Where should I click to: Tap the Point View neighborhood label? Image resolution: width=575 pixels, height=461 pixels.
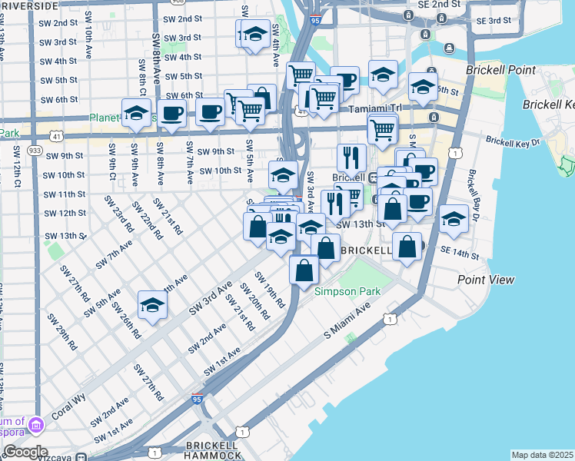(486, 280)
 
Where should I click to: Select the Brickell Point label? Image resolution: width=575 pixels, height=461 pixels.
(500, 70)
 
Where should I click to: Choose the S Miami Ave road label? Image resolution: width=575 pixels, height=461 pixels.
(357, 320)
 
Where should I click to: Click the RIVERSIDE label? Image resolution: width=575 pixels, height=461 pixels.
(28, 5)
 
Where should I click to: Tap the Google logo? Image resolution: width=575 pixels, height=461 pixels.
(25, 451)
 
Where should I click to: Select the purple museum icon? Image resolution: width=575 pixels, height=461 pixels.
(35, 424)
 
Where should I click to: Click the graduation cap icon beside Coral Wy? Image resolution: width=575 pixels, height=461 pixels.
(152, 306)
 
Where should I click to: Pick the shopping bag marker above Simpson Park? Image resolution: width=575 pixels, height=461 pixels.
(304, 269)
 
